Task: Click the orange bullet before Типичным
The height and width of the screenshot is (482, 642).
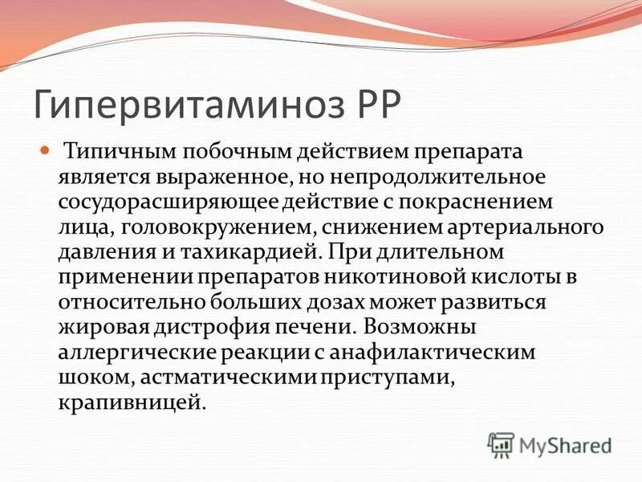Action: (x=67, y=150)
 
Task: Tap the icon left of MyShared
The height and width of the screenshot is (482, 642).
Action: (x=501, y=444)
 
